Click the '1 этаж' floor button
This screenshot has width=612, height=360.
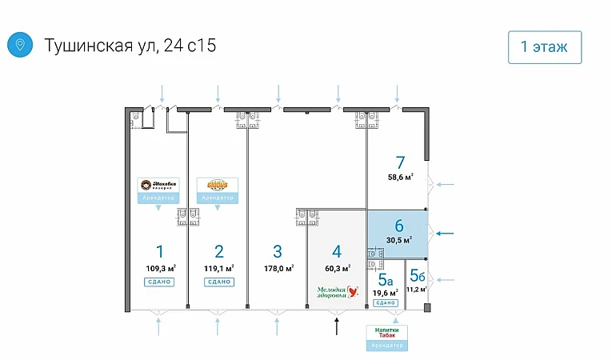point(544,46)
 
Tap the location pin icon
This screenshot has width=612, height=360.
point(19,45)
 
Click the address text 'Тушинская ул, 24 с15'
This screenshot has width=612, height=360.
point(130,46)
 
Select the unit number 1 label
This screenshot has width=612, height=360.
point(160,250)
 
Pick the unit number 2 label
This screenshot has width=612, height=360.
point(218,250)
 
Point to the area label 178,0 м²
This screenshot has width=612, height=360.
point(278,269)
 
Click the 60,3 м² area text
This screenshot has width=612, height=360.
point(337,269)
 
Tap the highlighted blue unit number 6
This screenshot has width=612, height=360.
point(399,225)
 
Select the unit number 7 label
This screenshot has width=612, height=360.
point(400,162)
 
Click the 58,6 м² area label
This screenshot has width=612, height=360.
point(400,178)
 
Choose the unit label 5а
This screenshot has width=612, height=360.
point(386,279)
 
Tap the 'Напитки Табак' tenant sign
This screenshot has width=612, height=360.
point(386,331)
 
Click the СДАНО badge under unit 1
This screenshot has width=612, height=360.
point(160,282)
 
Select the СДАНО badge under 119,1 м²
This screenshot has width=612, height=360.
point(218,282)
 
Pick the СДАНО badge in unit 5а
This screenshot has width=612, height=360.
point(386,302)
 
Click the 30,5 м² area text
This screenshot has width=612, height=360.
point(399,239)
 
